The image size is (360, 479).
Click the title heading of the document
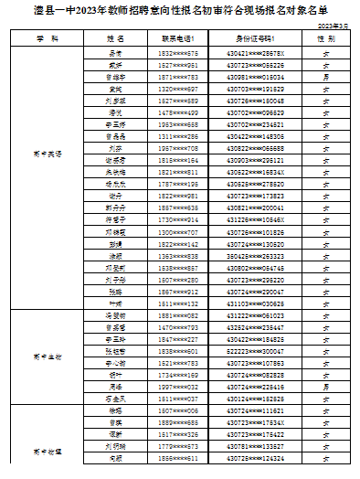pos(179,14)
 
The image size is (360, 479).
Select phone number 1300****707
pos(179,233)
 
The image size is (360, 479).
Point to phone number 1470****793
pos(179,327)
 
